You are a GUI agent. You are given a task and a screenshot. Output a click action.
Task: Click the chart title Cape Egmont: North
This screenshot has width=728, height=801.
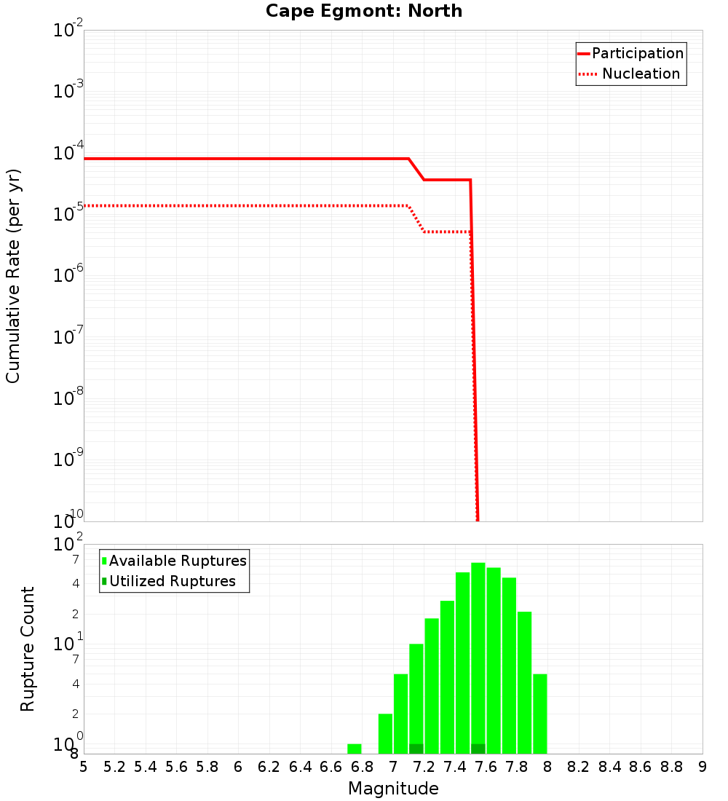pyautogui.click(x=363, y=11)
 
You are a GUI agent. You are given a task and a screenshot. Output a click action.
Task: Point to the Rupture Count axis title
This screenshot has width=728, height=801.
pyautogui.click(x=28, y=649)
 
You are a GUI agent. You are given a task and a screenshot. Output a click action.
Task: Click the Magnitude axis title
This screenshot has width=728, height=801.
pyautogui.click(x=393, y=789)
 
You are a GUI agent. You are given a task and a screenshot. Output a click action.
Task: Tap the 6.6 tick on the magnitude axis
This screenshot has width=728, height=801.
pyautogui.click(x=331, y=767)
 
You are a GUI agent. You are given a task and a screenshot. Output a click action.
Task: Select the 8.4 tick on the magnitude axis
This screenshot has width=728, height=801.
pyautogui.click(x=610, y=767)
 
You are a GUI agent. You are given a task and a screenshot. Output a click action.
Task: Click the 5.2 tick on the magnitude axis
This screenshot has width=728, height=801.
pyautogui.click(x=115, y=767)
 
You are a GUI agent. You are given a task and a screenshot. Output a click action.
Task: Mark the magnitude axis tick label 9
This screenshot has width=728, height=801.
pyautogui.click(x=702, y=767)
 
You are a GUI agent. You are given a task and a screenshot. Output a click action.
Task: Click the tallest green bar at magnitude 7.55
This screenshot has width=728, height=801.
pyautogui.click(x=478, y=655)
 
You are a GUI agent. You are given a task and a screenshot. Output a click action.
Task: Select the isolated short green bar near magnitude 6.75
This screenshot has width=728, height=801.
pyautogui.click(x=355, y=749)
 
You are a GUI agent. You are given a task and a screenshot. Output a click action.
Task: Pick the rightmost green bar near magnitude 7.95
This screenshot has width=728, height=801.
pyautogui.click(x=539, y=714)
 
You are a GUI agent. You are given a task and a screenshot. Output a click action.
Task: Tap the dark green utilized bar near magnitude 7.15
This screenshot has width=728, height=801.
pyautogui.click(x=416, y=749)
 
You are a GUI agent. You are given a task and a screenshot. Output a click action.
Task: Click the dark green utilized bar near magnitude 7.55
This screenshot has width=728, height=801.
pyautogui.click(x=478, y=749)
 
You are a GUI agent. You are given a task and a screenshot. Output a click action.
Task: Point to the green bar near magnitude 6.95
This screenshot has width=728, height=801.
pyautogui.click(x=385, y=733)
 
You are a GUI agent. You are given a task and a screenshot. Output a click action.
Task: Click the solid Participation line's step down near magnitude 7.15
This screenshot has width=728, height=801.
pyautogui.click(x=416, y=169)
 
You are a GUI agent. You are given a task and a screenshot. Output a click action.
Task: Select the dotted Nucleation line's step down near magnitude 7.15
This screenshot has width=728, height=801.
pyautogui.click(x=416, y=218)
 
